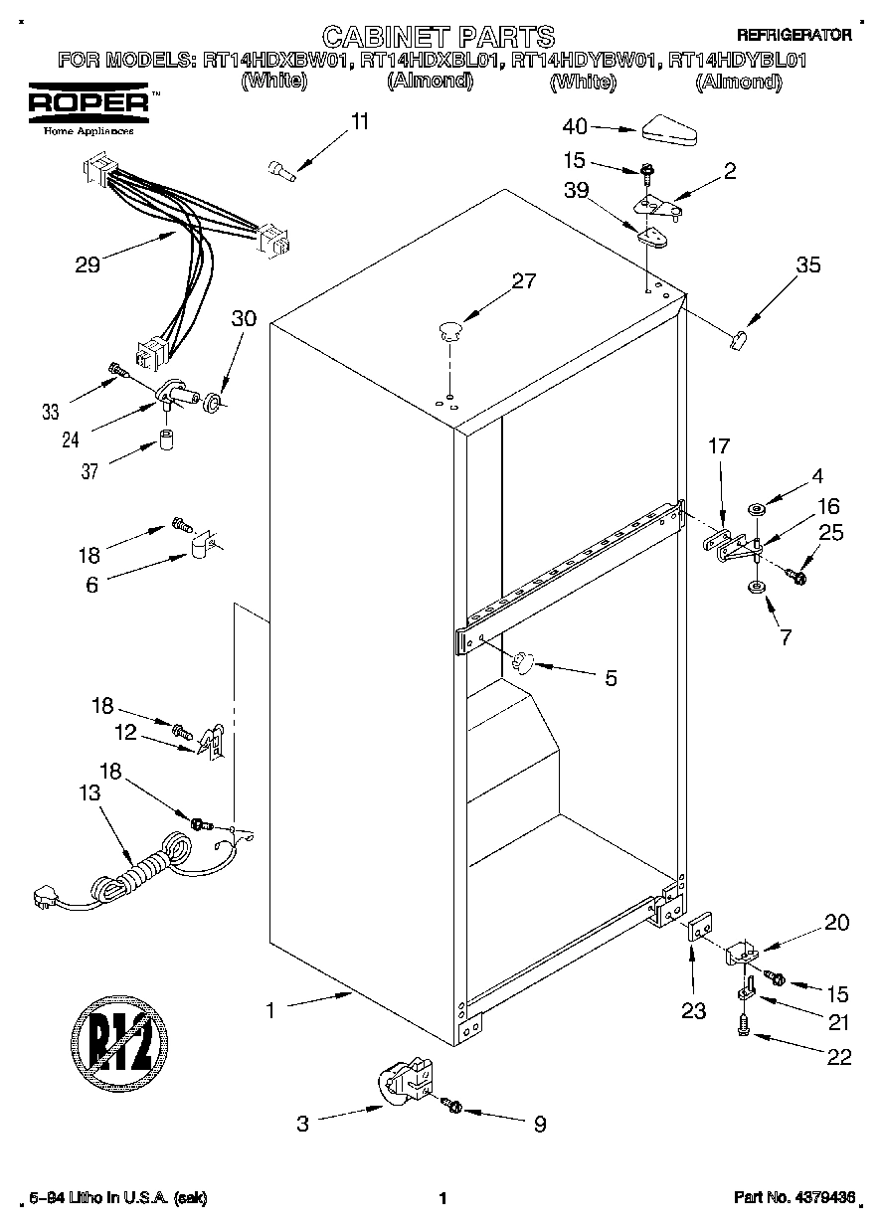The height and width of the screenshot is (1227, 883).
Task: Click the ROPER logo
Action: pyautogui.click(x=88, y=102)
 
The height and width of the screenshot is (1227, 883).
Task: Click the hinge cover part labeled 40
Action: pyautogui.click(x=673, y=129)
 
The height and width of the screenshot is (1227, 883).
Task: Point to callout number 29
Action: pyautogui.click(x=88, y=265)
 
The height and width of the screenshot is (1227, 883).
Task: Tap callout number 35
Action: pyautogui.click(x=808, y=264)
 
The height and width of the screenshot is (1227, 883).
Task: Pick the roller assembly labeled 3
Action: pyautogui.click(x=402, y=1085)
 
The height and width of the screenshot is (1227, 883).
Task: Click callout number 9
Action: pyautogui.click(x=539, y=1125)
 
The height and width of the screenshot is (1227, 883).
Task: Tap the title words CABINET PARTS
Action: pyautogui.click(x=439, y=37)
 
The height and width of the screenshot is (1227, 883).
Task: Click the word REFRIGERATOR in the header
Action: pyautogui.click(x=794, y=35)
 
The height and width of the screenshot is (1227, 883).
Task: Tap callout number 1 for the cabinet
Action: pyautogui.click(x=268, y=1009)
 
